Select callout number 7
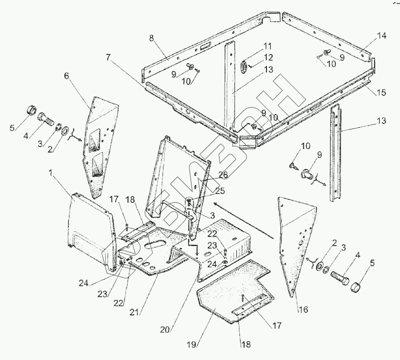(x=109, y=58)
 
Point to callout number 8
(x=151, y=38)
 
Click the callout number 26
(x=223, y=175)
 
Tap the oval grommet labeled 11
(x=245, y=66)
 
